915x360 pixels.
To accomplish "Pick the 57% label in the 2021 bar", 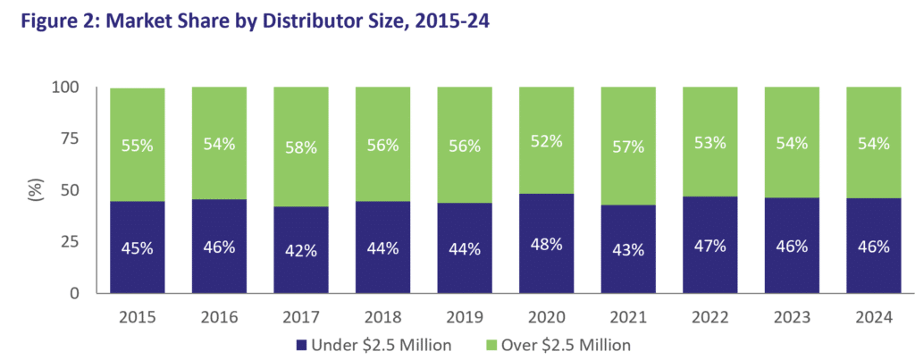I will point(628,146).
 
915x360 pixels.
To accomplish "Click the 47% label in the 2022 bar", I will point(710,245).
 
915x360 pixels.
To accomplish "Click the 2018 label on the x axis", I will point(382,315).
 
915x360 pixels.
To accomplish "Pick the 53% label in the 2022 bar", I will point(710,142).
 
